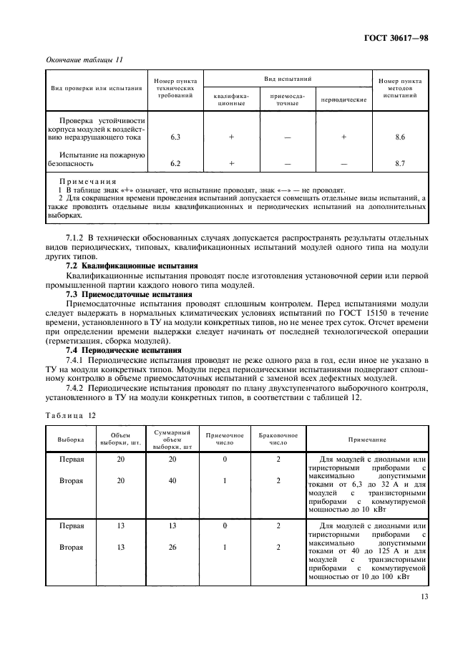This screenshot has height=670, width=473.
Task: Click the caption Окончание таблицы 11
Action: coord(84,59)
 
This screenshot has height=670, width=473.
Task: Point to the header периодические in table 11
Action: coord(343,99)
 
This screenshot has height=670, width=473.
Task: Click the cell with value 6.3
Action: coord(175,136)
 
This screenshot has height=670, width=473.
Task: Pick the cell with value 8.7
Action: coord(400,164)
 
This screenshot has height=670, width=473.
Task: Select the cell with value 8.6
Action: coord(400,136)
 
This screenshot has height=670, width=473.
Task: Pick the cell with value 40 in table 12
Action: coord(172,481)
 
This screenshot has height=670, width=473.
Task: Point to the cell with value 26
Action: coord(172,548)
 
